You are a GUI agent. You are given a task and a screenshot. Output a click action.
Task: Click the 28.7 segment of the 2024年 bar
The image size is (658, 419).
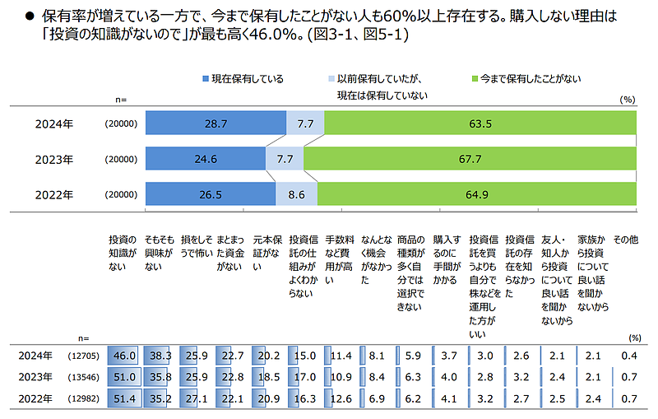pyautogui.click(x=215, y=123)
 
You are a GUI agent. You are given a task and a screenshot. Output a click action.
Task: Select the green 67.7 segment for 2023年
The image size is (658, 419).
pyautogui.click(x=470, y=159)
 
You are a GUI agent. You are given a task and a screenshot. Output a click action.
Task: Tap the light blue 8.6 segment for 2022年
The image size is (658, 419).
pyautogui.click(x=296, y=194)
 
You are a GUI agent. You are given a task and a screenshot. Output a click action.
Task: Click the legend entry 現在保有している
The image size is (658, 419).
pyautogui.click(x=243, y=79)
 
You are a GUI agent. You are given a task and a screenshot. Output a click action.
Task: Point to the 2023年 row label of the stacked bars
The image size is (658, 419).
pyautogui.click(x=53, y=159)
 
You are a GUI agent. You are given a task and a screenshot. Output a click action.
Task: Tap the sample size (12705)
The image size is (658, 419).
pyautogui.click(x=83, y=356)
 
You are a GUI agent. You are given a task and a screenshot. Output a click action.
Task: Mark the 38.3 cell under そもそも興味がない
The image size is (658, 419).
pyautogui.click(x=160, y=356)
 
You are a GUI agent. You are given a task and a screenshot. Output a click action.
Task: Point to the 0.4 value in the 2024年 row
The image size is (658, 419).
pyautogui.click(x=629, y=356)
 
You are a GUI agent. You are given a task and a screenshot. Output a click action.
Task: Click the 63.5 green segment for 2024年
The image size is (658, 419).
pyautogui.click(x=480, y=123)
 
